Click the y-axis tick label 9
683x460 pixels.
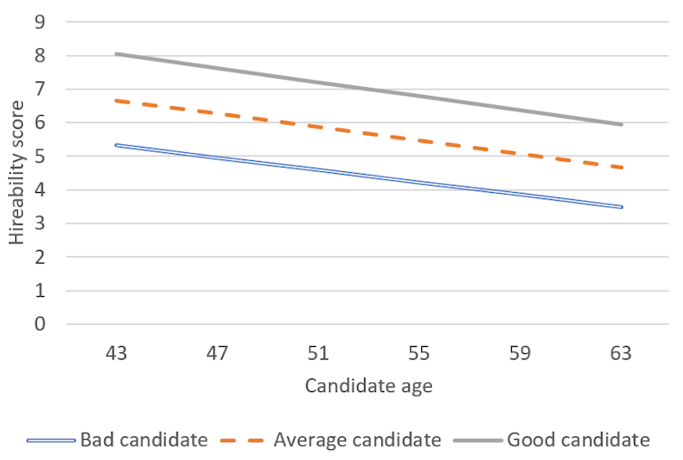pos(42,22)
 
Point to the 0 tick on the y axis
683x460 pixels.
pos(42,323)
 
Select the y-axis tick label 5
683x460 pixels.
pos(42,156)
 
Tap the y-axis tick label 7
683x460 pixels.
pos(42,89)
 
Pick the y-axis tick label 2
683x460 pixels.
pos(42,256)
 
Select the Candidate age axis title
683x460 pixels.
pos(368,387)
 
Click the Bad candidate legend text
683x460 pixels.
pos(144,440)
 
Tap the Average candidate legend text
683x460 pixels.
pos(357,440)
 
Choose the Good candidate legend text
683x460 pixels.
pos(578,440)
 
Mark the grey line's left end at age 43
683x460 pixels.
pos(116,53)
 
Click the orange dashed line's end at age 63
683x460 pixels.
pos(621,168)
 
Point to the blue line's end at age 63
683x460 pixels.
pos(621,207)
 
